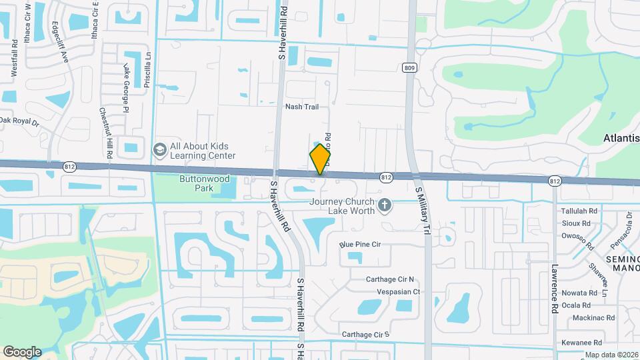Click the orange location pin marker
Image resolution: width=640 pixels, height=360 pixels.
(x=321, y=159)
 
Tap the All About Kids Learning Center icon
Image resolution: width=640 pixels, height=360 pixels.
(x=160, y=150)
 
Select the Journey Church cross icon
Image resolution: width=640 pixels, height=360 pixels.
(x=384, y=206)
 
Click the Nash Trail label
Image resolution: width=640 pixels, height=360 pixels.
(x=302, y=107)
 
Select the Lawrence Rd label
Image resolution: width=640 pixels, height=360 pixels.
(x=555, y=288)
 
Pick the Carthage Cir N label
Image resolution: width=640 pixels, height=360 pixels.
(x=390, y=279)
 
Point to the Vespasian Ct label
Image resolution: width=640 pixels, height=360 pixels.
(x=398, y=292)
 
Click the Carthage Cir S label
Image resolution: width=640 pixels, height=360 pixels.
(x=365, y=334)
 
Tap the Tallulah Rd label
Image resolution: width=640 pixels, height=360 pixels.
(x=579, y=211)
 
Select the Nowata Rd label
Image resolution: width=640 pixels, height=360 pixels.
(x=579, y=293)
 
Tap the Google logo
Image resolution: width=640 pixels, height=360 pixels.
(x=22, y=351)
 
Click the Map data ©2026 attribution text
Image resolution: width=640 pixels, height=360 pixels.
(x=611, y=355)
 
